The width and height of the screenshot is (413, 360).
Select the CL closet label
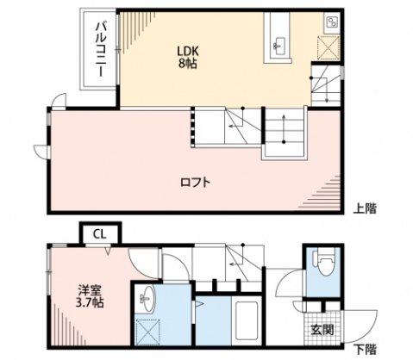pos(100,233)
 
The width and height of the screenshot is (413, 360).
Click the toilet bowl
pos(323,264)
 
